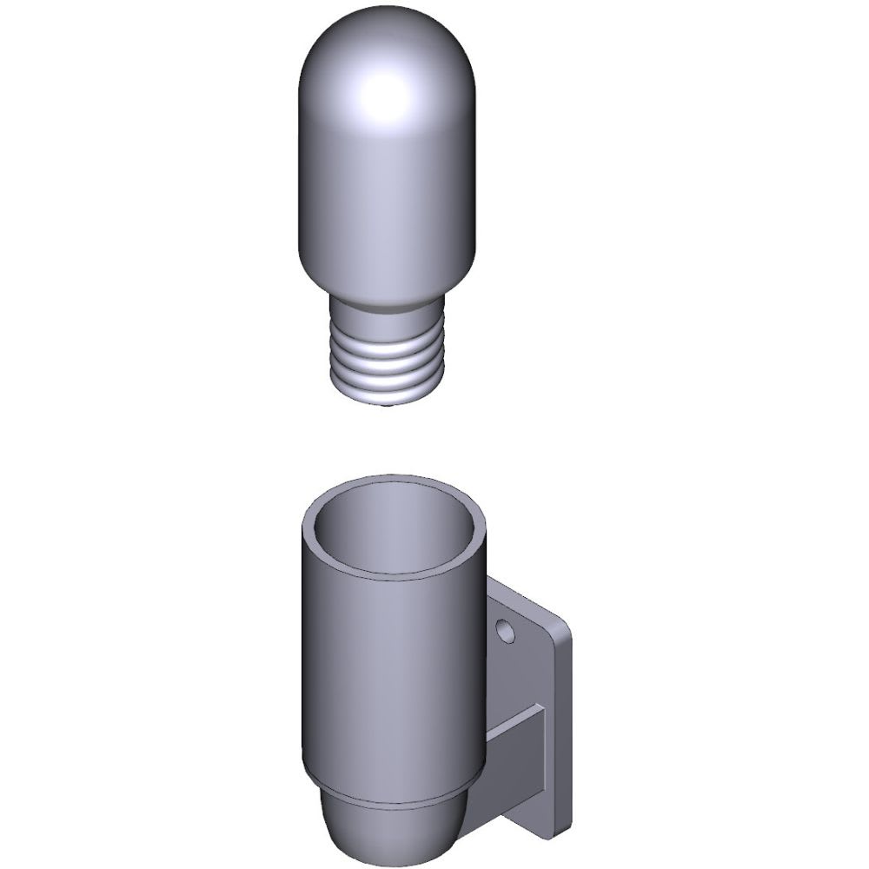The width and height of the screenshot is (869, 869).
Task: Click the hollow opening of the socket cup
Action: click(395, 530)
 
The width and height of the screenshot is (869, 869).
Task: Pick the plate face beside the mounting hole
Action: click(530, 660)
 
